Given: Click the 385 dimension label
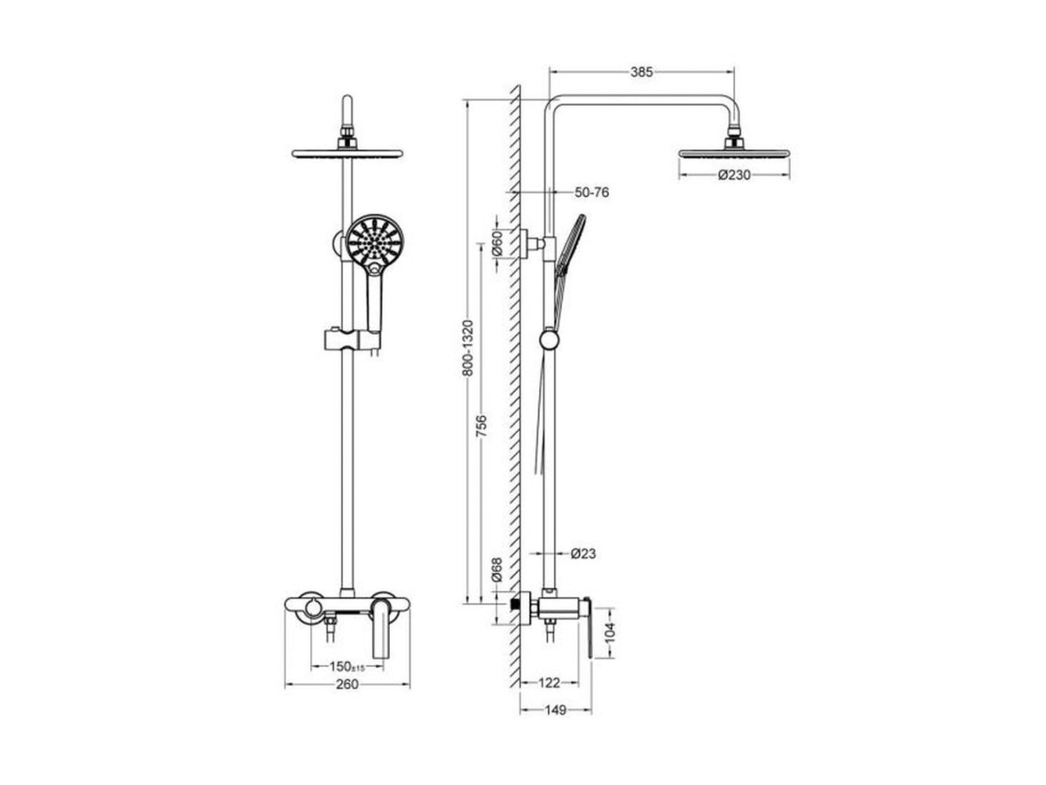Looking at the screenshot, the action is tap(641, 72).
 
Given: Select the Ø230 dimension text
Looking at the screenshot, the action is tap(734, 175).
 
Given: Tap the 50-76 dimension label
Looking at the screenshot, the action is tap(592, 192).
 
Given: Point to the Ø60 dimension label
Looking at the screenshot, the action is tap(497, 243).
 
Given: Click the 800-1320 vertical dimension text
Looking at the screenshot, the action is tap(468, 348).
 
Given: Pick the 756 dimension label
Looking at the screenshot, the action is tap(482, 426).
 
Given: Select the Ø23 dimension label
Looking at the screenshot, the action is tap(583, 553).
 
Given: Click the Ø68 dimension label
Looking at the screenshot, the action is tap(497, 570).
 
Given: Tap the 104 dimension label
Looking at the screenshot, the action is tap(610, 633).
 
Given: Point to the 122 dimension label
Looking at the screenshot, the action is tap(549, 683).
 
